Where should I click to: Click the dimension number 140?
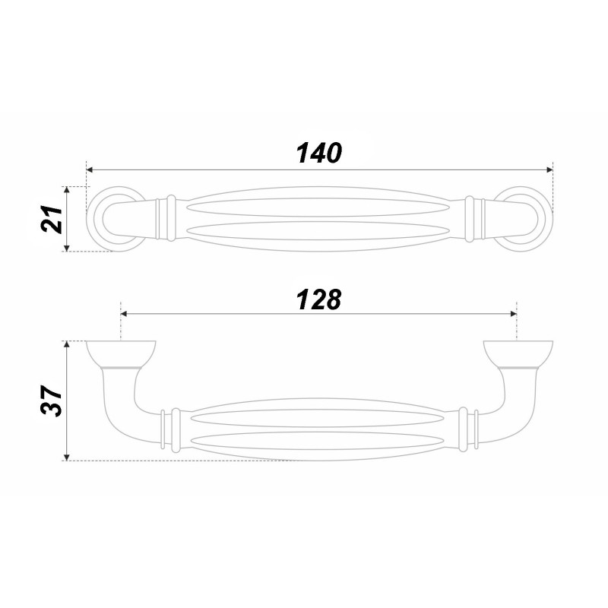(319, 153)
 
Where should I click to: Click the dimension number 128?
(319, 299)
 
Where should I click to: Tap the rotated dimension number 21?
(52, 220)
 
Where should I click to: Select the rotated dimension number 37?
(52, 401)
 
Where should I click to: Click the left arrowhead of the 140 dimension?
(90, 169)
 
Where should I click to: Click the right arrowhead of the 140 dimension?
(549, 169)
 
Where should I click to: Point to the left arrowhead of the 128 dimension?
(125, 314)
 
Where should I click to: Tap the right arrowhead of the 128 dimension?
(513, 314)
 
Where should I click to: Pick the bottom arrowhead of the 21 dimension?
(67, 248)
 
